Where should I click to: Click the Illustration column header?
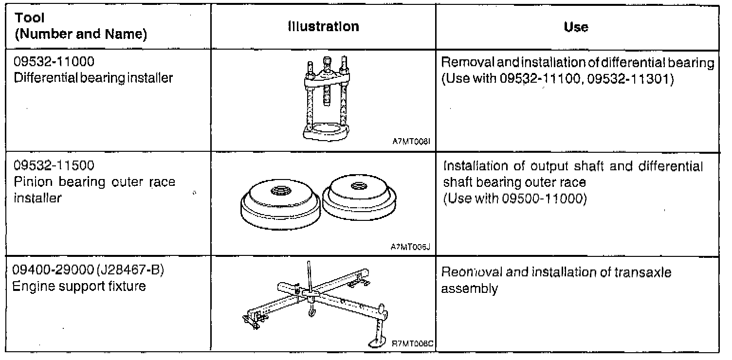[323, 26]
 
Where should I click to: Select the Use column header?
[576, 27]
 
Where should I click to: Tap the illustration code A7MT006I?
[412, 144]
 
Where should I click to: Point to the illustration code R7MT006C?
[413, 343]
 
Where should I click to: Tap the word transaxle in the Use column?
[643, 273]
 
